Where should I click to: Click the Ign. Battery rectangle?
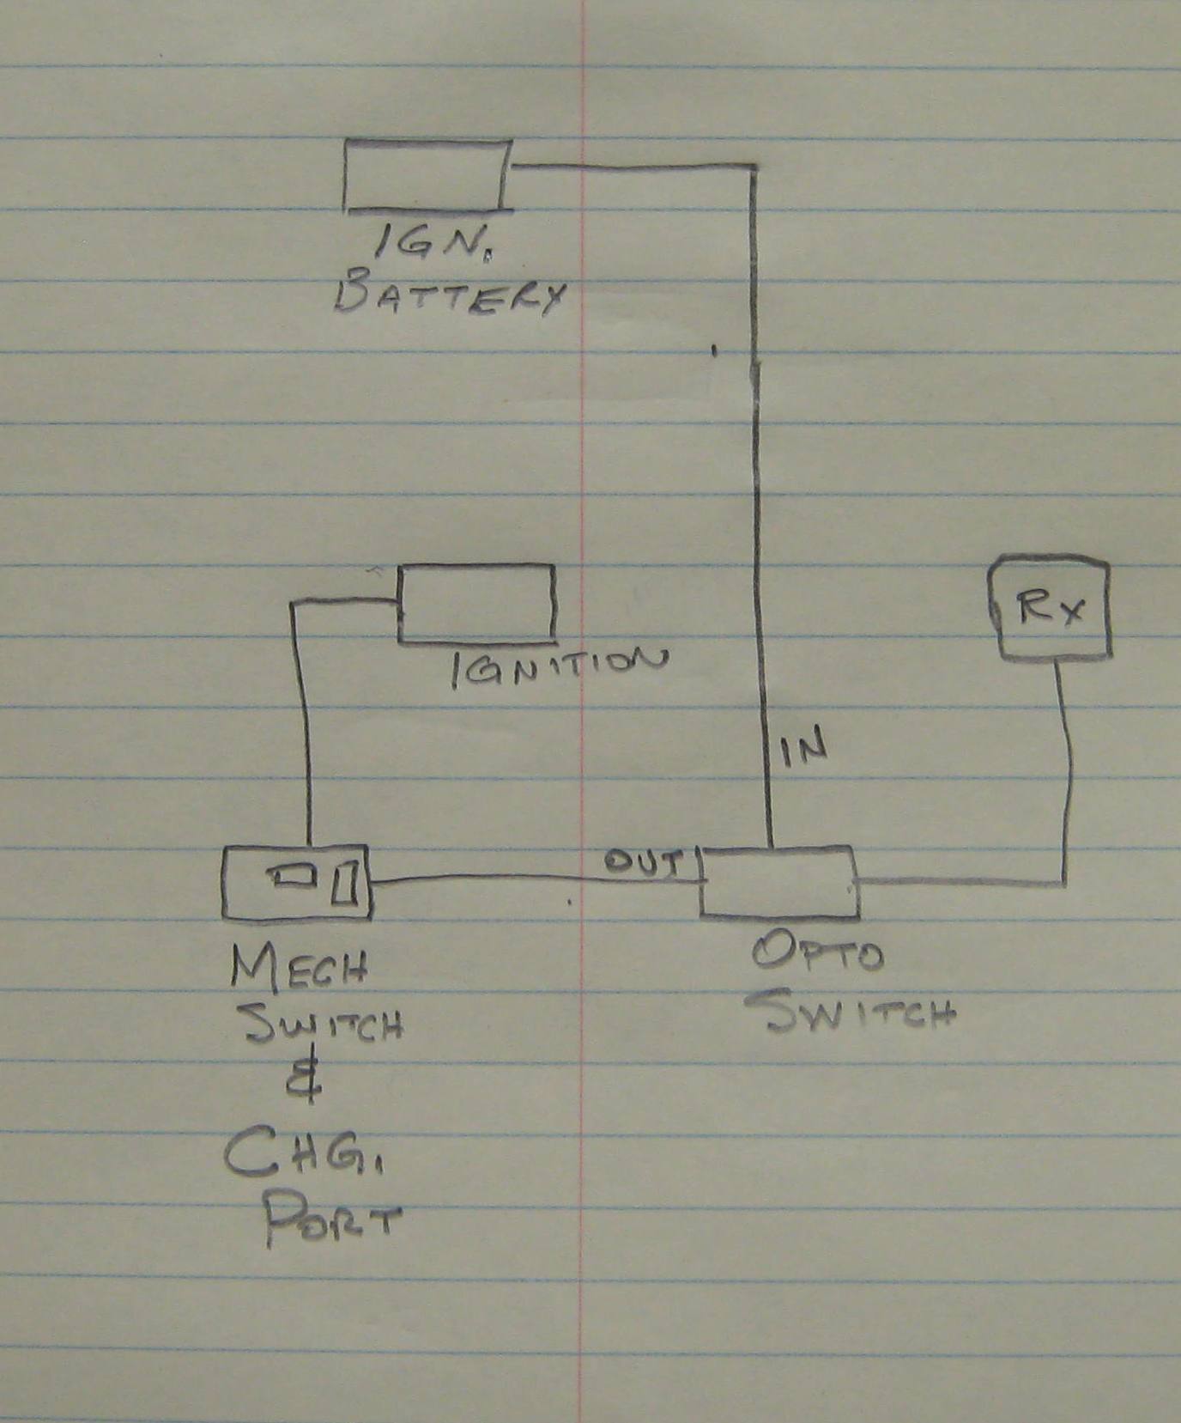tap(427, 174)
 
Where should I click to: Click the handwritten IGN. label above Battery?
tap(436, 246)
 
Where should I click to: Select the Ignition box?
tap(475, 603)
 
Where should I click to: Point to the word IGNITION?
tap(558, 667)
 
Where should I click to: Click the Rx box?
tap(1049, 609)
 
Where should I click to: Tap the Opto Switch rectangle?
tap(778, 881)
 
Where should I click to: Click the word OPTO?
tap(817, 953)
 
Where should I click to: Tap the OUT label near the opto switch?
tap(644, 861)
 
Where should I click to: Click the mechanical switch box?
tap(296, 883)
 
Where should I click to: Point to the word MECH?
tap(299, 968)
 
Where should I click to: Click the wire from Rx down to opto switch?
tap(1066, 773)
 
